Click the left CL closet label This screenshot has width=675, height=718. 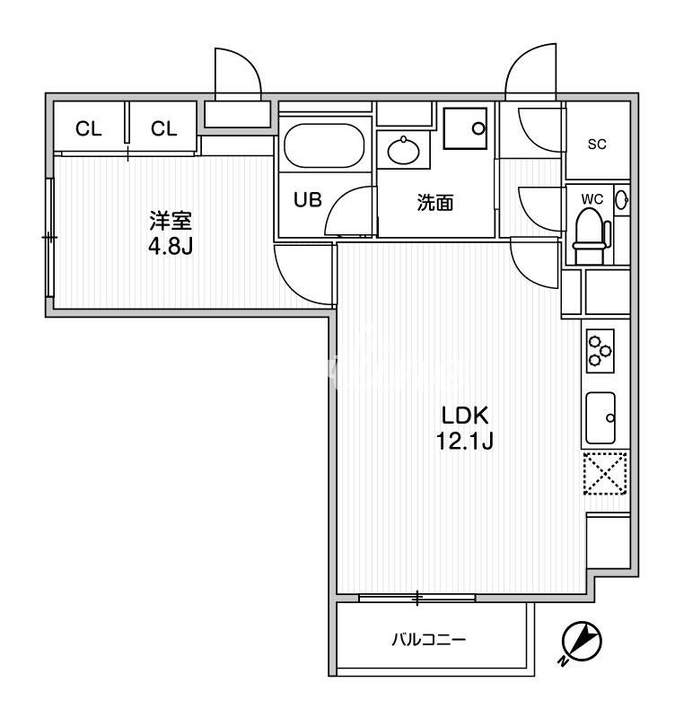coord(88,129)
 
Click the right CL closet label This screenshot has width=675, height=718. coord(164,129)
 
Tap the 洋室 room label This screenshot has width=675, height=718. coord(171,221)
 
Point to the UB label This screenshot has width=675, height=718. coord(308,199)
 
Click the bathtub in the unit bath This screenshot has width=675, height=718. coord(324,145)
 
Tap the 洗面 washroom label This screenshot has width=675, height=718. coord(435,203)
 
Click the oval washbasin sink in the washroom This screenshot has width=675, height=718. coord(403,150)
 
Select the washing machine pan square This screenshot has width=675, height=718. coord(465,128)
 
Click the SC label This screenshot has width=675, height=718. coord(597,144)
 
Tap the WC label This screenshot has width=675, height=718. coord(592,199)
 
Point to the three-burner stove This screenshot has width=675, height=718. coord(600,351)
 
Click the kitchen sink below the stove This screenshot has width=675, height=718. coord(600,417)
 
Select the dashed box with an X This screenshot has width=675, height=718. coord(605,473)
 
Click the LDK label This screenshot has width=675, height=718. coord(465,416)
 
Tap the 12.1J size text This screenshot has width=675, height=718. coord(465,442)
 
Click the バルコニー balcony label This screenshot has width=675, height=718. coord(429,640)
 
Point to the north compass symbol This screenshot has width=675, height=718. coord(581,641)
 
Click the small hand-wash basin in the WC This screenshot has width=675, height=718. coord(622,200)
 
